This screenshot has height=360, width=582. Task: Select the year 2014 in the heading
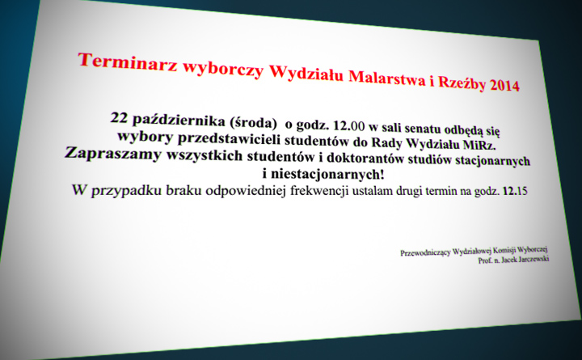(x=504, y=85)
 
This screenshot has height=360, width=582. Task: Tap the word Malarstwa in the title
(x=386, y=77)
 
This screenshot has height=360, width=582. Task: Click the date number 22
(x=119, y=118)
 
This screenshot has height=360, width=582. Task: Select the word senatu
(x=420, y=129)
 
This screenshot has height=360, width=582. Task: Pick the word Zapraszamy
(x=113, y=153)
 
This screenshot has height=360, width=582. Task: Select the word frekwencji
(x=319, y=191)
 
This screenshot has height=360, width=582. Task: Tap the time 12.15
(x=515, y=192)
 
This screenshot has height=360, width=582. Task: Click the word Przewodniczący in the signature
(x=425, y=252)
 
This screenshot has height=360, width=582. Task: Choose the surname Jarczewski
(x=533, y=260)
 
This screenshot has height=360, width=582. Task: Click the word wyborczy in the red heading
(x=223, y=69)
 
